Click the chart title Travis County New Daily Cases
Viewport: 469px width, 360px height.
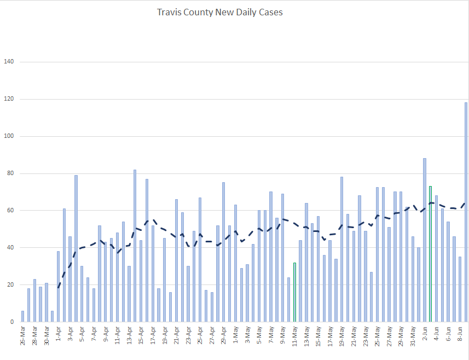(x=219, y=12)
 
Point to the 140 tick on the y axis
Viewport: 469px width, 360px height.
(x=9, y=62)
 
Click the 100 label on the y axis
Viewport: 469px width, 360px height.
(x=9, y=136)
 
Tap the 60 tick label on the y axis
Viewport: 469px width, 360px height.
(x=10, y=211)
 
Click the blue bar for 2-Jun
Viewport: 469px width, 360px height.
(x=424, y=241)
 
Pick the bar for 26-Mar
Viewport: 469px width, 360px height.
(x=22, y=317)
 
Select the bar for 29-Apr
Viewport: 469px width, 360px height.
(x=223, y=252)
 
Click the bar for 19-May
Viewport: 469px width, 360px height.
(x=341, y=249)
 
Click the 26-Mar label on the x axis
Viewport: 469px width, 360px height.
(x=22, y=337)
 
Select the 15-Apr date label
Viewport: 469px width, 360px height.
(x=141, y=337)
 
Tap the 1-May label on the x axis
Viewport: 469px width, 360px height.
(x=235, y=337)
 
